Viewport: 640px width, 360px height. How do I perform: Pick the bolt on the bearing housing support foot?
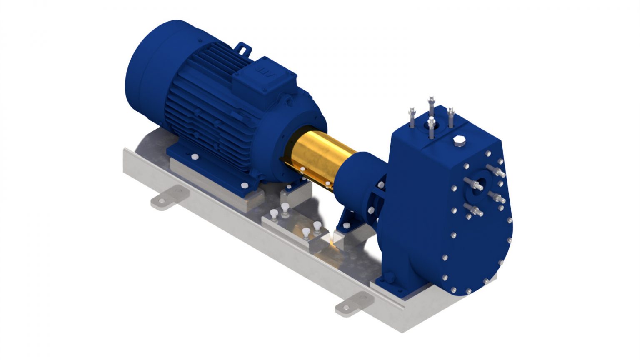(345, 225)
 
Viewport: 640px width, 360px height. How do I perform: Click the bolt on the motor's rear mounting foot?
(194, 157)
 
